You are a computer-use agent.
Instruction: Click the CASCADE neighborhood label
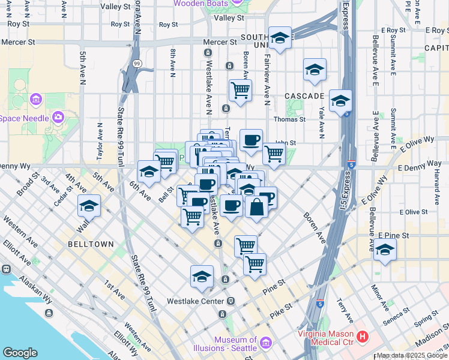click(x=304, y=96)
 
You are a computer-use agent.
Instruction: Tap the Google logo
click(x=20, y=353)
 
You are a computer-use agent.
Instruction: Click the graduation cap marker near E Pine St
click(x=385, y=249)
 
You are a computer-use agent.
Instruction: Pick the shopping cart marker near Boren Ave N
click(x=240, y=91)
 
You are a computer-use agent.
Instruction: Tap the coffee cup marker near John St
click(x=251, y=140)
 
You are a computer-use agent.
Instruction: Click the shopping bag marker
click(x=256, y=207)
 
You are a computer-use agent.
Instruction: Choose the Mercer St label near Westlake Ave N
click(x=220, y=43)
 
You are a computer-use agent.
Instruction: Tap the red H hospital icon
click(x=362, y=337)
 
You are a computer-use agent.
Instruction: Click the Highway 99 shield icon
click(x=137, y=63)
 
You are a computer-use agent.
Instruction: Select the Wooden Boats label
click(x=201, y=4)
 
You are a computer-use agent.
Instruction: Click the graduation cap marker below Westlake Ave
click(x=202, y=277)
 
